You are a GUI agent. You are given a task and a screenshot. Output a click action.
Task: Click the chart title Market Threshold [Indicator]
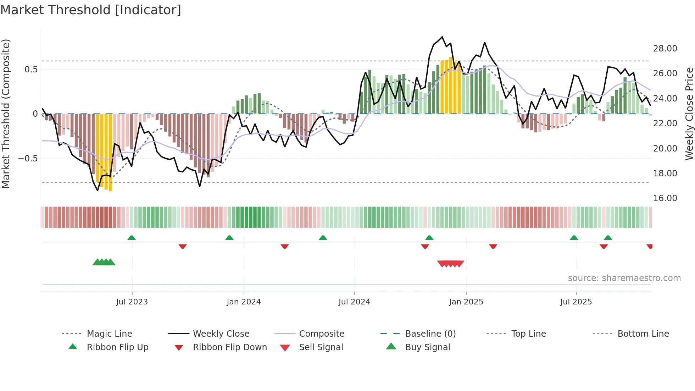91,10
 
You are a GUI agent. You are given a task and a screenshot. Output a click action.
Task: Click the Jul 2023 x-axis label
132,302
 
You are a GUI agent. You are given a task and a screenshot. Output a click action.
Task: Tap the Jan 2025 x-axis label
466,302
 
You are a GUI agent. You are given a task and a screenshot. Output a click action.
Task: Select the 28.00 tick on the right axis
665,49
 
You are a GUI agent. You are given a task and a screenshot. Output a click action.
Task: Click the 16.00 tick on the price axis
665,198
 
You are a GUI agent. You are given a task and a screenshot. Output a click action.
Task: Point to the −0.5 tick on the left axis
28,158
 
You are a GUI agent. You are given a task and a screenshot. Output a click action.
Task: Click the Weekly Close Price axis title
689,114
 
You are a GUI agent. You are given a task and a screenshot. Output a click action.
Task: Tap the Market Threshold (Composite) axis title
6,114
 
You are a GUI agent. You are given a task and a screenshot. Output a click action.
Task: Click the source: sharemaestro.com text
624,278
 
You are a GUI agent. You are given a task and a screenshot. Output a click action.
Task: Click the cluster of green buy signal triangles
104,262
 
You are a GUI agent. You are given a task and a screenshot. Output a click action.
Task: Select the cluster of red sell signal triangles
450,264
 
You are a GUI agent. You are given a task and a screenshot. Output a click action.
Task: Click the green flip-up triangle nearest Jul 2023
132,237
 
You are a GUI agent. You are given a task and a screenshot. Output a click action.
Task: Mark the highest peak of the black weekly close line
442,37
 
